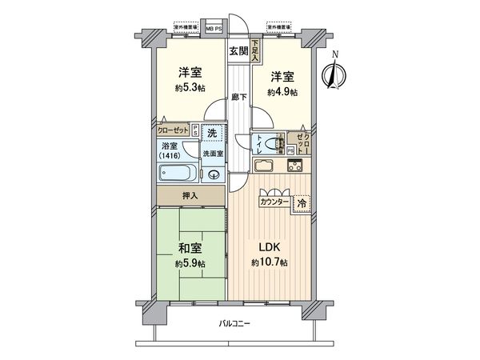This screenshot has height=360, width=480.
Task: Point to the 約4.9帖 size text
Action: [x=282, y=93]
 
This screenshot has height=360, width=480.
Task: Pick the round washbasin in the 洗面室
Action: [x=214, y=176]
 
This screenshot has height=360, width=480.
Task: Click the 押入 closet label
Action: [x=190, y=196]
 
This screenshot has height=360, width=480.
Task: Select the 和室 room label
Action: [x=190, y=247]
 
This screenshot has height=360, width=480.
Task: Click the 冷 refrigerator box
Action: [x=301, y=203]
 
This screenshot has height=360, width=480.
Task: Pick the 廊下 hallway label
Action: [x=238, y=97]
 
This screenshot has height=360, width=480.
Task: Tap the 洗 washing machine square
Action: [x=211, y=133]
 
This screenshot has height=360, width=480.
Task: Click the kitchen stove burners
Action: [x=293, y=166]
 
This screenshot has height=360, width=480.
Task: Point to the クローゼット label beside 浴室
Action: [x=173, y=128]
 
